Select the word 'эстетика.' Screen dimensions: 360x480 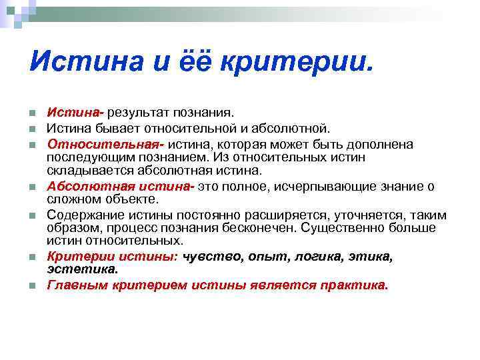click(x=82, y=269)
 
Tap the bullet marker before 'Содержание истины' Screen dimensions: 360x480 click(x=32, y=215)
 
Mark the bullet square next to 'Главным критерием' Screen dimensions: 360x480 click(x=32, y=286)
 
